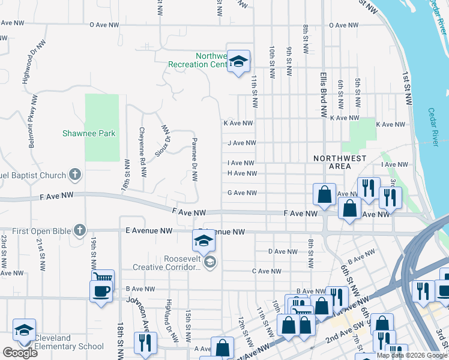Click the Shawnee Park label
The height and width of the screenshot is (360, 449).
pos(89,133)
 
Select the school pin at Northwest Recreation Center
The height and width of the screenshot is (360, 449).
pos(238,62)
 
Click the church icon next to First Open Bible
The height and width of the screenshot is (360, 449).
pos(79,230)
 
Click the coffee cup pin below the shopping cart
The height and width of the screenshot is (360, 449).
pos(100,292)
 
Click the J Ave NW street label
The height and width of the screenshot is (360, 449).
pos(241,143)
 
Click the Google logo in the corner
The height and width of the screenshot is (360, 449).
pos(20,353)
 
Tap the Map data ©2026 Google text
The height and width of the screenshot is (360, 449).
pos(412,355)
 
